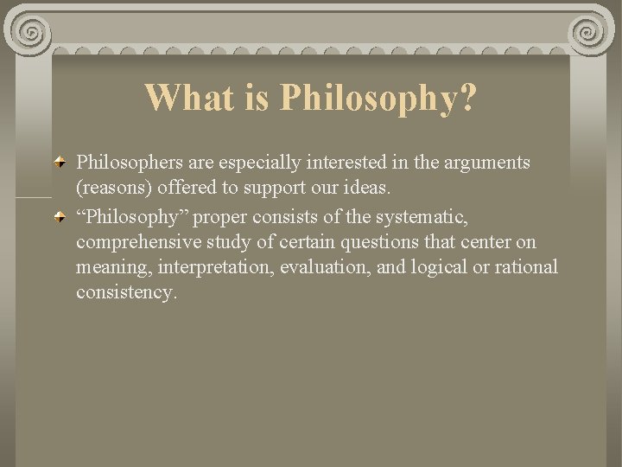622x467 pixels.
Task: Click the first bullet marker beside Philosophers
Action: point(59,162)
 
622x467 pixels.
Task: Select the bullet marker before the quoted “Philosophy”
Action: point(59,216)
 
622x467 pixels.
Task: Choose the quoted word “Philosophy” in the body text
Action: point(124,217)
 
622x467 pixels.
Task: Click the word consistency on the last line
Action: point(126,292)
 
